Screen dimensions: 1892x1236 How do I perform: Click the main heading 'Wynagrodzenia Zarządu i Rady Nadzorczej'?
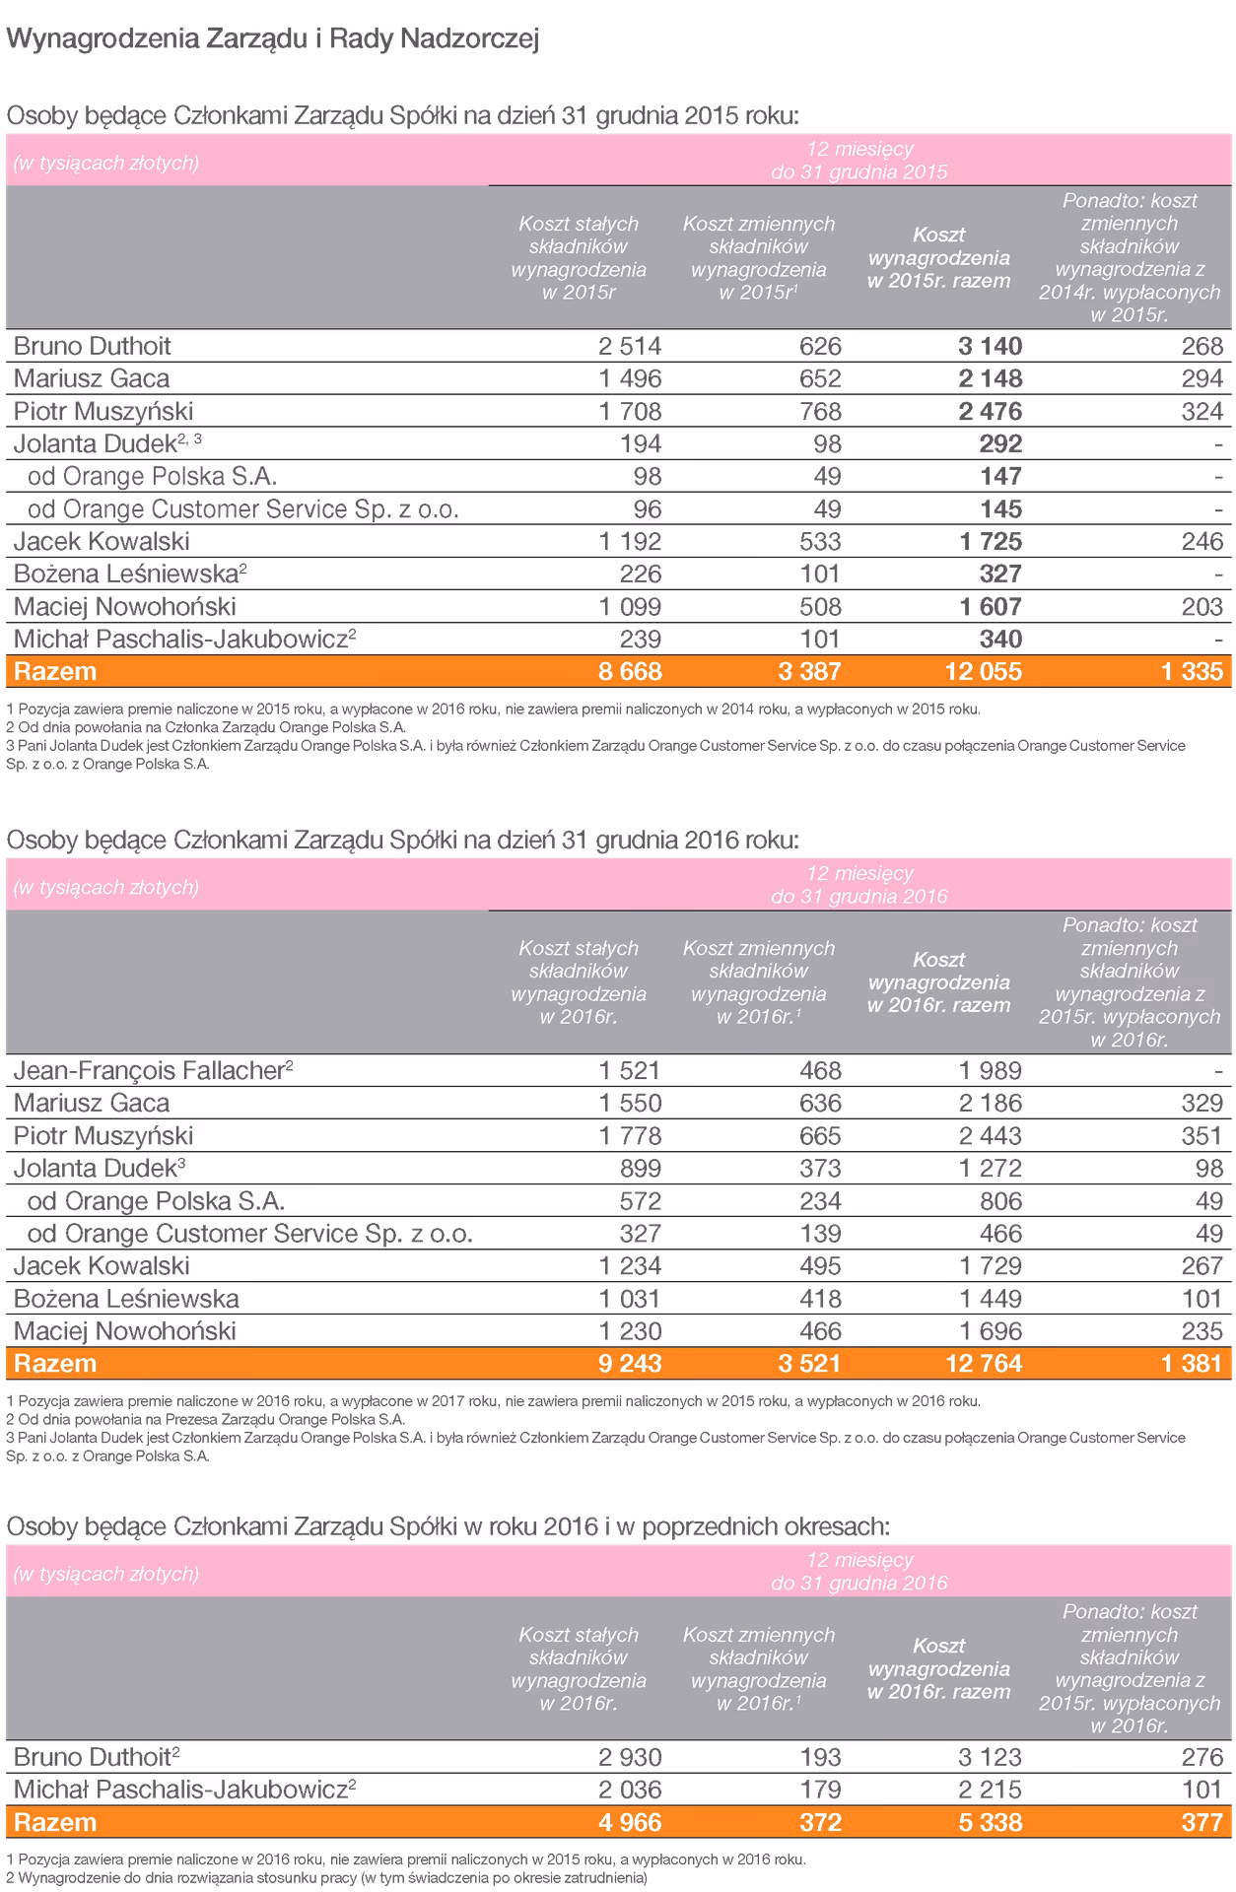[x=272, y=39]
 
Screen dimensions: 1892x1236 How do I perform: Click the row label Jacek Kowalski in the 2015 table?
[x=102, y=541]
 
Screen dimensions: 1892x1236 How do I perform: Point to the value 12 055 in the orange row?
[x=984, y=672]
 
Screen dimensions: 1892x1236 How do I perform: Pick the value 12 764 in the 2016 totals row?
[x=984, y=1364]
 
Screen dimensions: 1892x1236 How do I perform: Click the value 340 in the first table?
[x=1000, y=639]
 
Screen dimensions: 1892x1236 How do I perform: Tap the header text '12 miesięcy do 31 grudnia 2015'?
[x=858, y=161]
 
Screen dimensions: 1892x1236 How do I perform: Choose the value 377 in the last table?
[x=1202, y=1822]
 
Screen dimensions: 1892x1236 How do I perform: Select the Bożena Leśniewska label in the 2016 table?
[x=126, y=1298]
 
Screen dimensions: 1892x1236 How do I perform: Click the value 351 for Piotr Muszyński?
[x=1202, y=1135]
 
